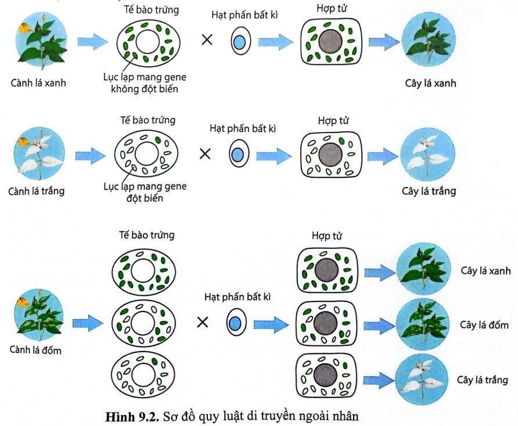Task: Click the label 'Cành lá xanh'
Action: pos(38,83)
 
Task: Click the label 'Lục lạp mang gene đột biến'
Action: pos(139,193)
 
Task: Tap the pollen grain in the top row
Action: pos(239,42)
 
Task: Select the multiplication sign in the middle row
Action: pos(205,154)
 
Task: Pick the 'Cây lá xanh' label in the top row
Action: pos(430,83)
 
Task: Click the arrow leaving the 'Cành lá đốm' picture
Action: pos(88,323)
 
